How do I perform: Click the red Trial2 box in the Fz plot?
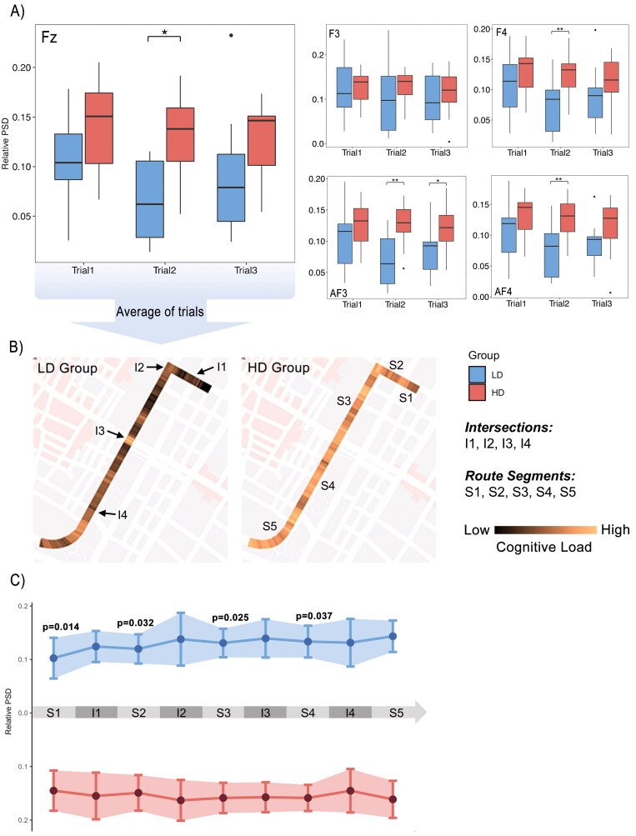179,133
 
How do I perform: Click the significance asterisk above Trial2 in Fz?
164,32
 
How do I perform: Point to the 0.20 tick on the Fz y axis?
24,68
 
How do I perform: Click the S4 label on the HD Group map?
328,486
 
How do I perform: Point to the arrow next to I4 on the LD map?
108,515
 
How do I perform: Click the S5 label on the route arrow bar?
393,713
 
